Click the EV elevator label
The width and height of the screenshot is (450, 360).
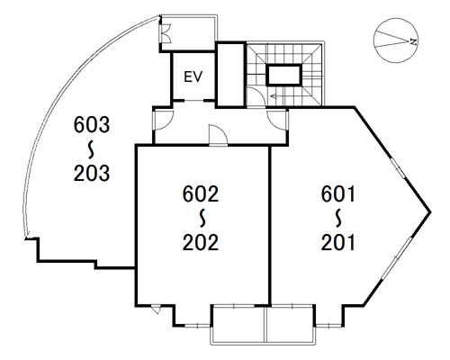point(193,76)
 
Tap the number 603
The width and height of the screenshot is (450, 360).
point(92,125)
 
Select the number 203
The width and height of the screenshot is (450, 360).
point(92,173)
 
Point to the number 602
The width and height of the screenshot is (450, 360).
point(201,193)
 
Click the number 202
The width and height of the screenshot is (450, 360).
point(201,242)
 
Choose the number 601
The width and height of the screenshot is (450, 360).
point(338,193)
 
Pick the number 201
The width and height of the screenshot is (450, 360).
point(338,242)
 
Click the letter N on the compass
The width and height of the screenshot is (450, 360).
point(414,41)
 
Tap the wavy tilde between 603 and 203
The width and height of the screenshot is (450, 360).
point(92,149)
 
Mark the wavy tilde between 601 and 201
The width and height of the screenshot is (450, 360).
point(339,218)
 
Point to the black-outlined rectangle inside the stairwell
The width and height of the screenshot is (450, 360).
point(283,75)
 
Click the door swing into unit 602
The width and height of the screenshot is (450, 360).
point(219,135)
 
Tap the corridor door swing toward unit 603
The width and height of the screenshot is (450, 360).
point(164,120)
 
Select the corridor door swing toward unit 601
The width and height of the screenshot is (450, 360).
point(277,120)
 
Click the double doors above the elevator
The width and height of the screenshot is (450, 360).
point(166,33)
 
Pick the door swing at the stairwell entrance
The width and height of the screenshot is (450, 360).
point(255,96)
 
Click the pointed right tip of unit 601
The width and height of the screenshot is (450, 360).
point(430,211)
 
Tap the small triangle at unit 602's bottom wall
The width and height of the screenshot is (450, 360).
point(156,310)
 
